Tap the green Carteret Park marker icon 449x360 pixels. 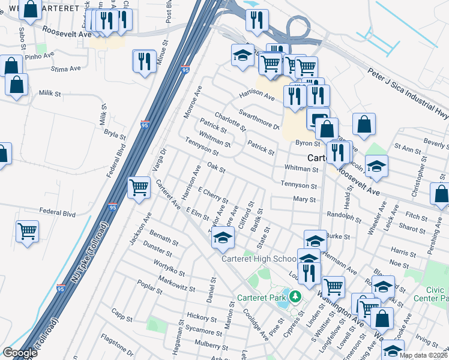(x=295, y=296)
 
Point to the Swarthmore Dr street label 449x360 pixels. (x=259, y=119)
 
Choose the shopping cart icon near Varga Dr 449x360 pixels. (x=139, y=187)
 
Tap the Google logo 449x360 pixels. (x=20, y=353)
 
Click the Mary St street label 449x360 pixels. (x=304, y=199)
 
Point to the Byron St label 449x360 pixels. (x=308, y=143)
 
